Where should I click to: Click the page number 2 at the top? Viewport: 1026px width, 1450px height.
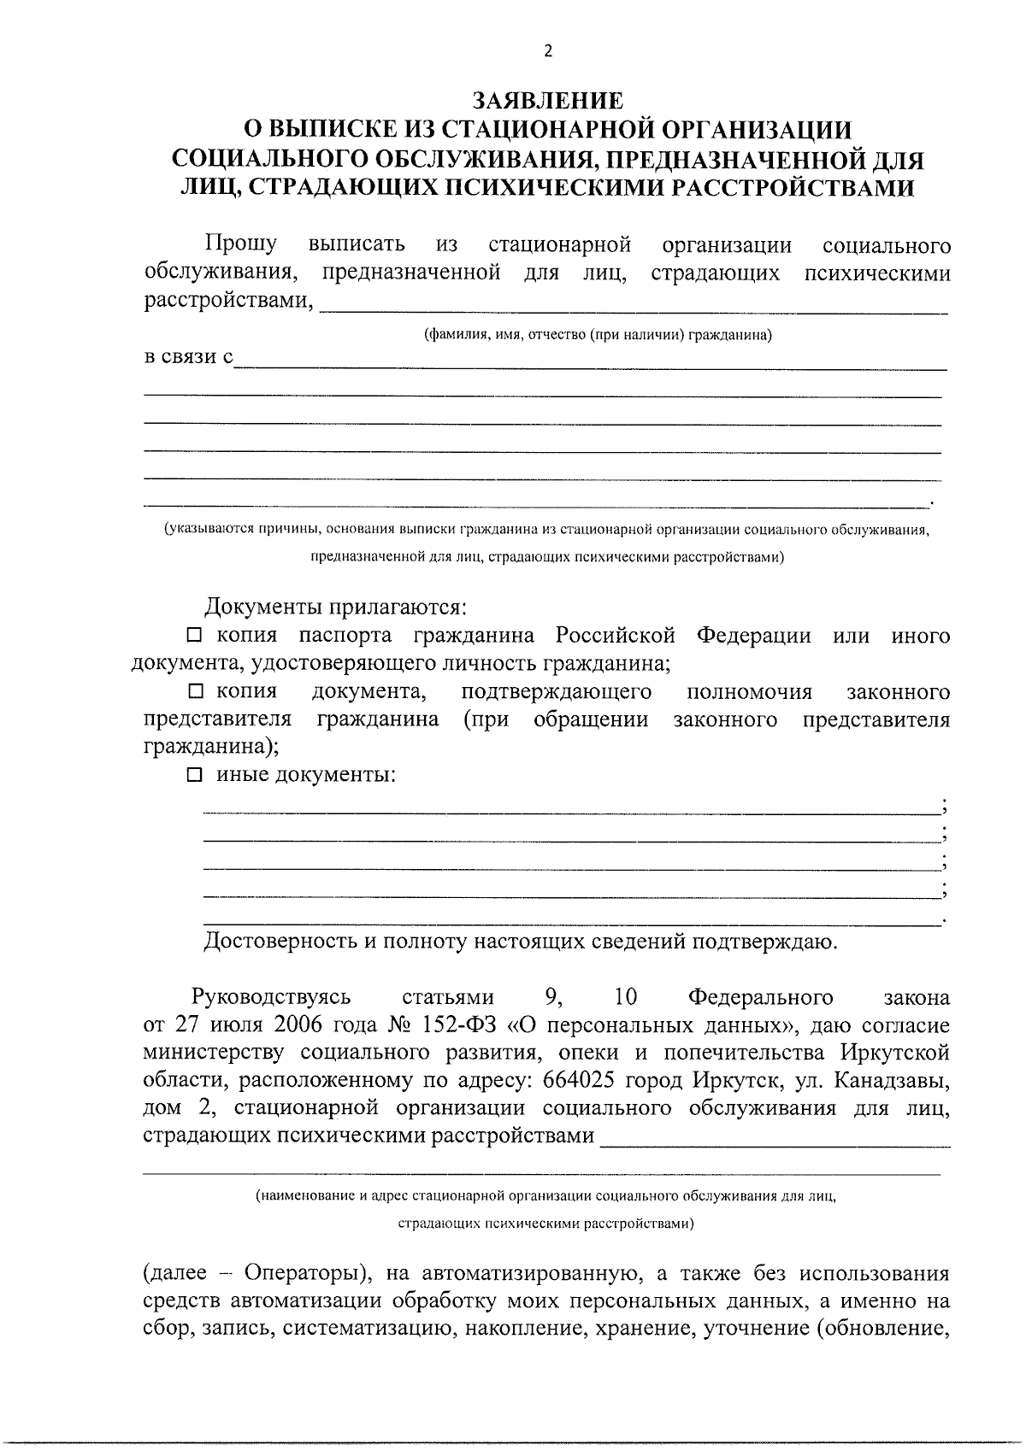pos(548,51)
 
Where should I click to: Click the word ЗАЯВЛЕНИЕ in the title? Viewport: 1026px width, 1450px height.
pos(548,101)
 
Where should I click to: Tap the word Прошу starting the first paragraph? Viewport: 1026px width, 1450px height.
pos(241,245)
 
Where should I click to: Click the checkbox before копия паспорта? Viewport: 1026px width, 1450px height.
pos(194,636)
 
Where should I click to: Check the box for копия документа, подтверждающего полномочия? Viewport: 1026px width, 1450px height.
pos(195,691)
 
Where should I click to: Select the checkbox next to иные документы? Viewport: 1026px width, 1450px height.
pos(195,775)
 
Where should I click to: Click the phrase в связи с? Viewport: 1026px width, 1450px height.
pos(187,358)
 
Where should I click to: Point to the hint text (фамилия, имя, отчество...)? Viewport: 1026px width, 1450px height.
pos(598,335)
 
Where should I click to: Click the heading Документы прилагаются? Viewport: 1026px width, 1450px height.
pos(336,608)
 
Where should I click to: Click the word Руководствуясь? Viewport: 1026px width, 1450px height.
pos(272,997)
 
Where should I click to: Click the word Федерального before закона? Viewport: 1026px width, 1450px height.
pos(760,997)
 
